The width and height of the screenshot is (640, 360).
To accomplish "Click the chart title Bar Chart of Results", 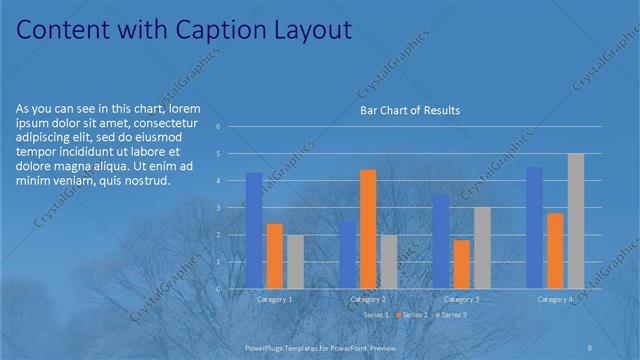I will (x=409, y=110).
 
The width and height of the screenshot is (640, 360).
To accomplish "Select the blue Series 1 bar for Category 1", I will (x=254, y=230).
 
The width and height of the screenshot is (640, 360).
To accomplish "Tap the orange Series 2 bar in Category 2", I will (x=368, y=229).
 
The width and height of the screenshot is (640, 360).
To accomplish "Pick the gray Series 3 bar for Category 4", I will (x=576, y=221).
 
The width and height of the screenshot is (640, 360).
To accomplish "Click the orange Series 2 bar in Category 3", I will (x=462, y=264).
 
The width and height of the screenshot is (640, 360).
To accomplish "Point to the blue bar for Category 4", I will (x=534, y=227).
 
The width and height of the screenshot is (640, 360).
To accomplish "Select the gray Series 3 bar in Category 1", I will (x=295, y=261).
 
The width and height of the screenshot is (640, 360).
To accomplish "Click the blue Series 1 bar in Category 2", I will (x=347, y=255).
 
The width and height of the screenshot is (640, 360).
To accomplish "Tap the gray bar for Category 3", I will (x=482, y=247).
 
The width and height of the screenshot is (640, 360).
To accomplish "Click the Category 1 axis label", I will (x=275, y=299).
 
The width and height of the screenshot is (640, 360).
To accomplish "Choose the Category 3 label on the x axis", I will (x=461, y=299).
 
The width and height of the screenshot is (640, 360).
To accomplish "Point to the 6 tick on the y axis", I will (x=231, y=127).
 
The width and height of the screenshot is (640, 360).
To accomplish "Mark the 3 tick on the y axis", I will (x=231, y=208).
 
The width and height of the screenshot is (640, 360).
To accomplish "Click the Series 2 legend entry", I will (x=411, y=315).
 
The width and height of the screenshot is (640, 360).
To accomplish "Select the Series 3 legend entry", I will (x=451, y=315).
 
